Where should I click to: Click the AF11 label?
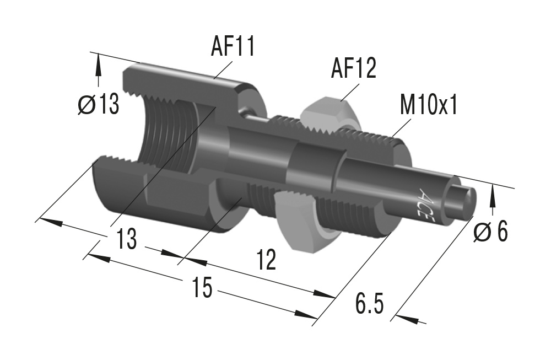tap(233, 47)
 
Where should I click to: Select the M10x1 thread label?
tap(429, 104)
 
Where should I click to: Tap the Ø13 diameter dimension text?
tap(99, 104)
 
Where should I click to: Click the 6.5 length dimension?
tap(369, 304)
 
